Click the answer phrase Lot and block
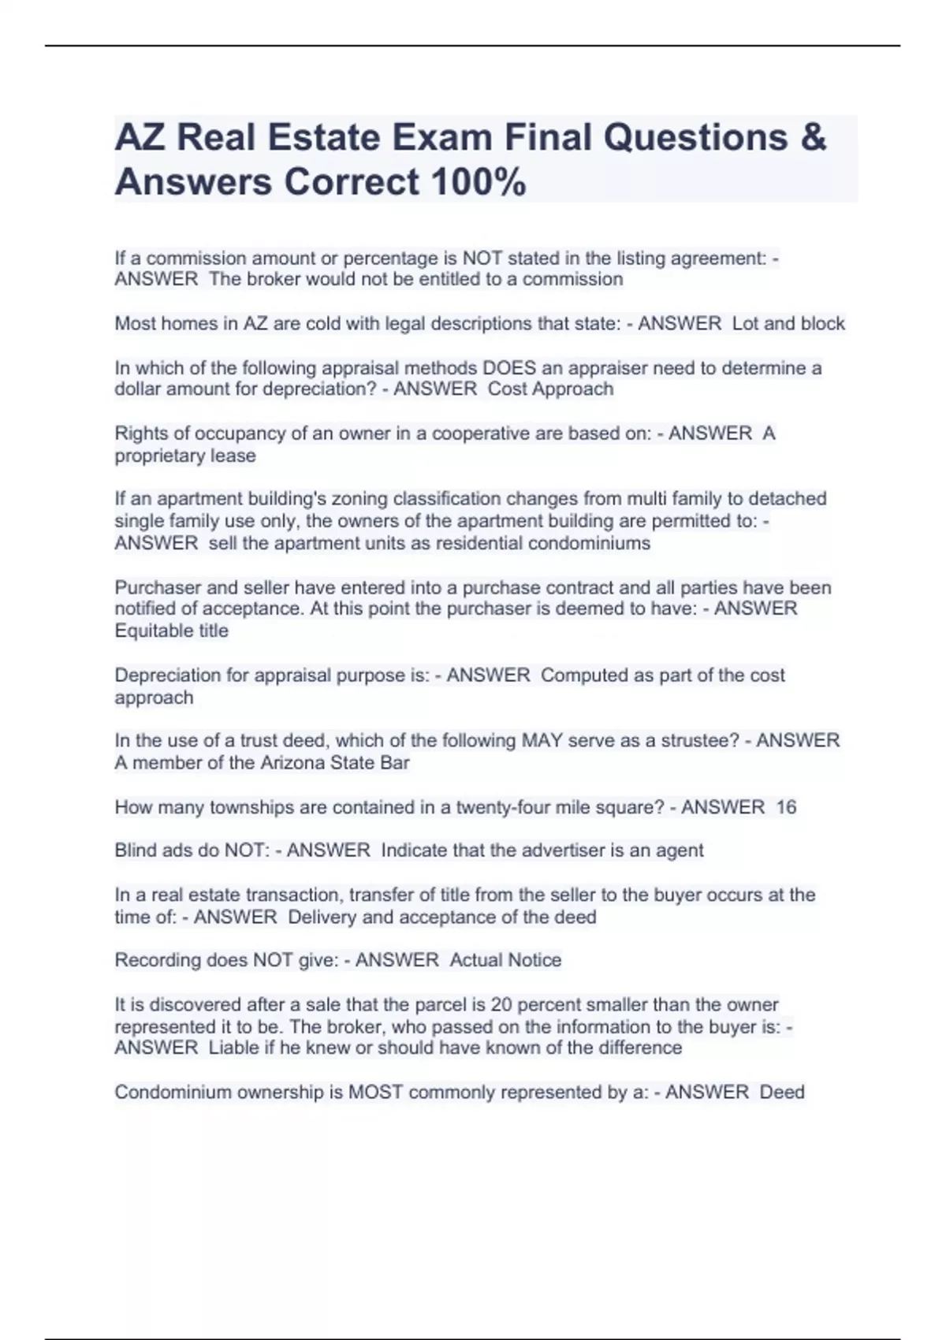[x=788, y=323]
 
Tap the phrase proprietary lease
[x=185, y=456]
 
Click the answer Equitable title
[x=172, y=631]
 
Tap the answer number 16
[x=786, y=807]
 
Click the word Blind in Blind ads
[x=136, y=850]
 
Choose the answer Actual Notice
[x=505, y=960]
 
